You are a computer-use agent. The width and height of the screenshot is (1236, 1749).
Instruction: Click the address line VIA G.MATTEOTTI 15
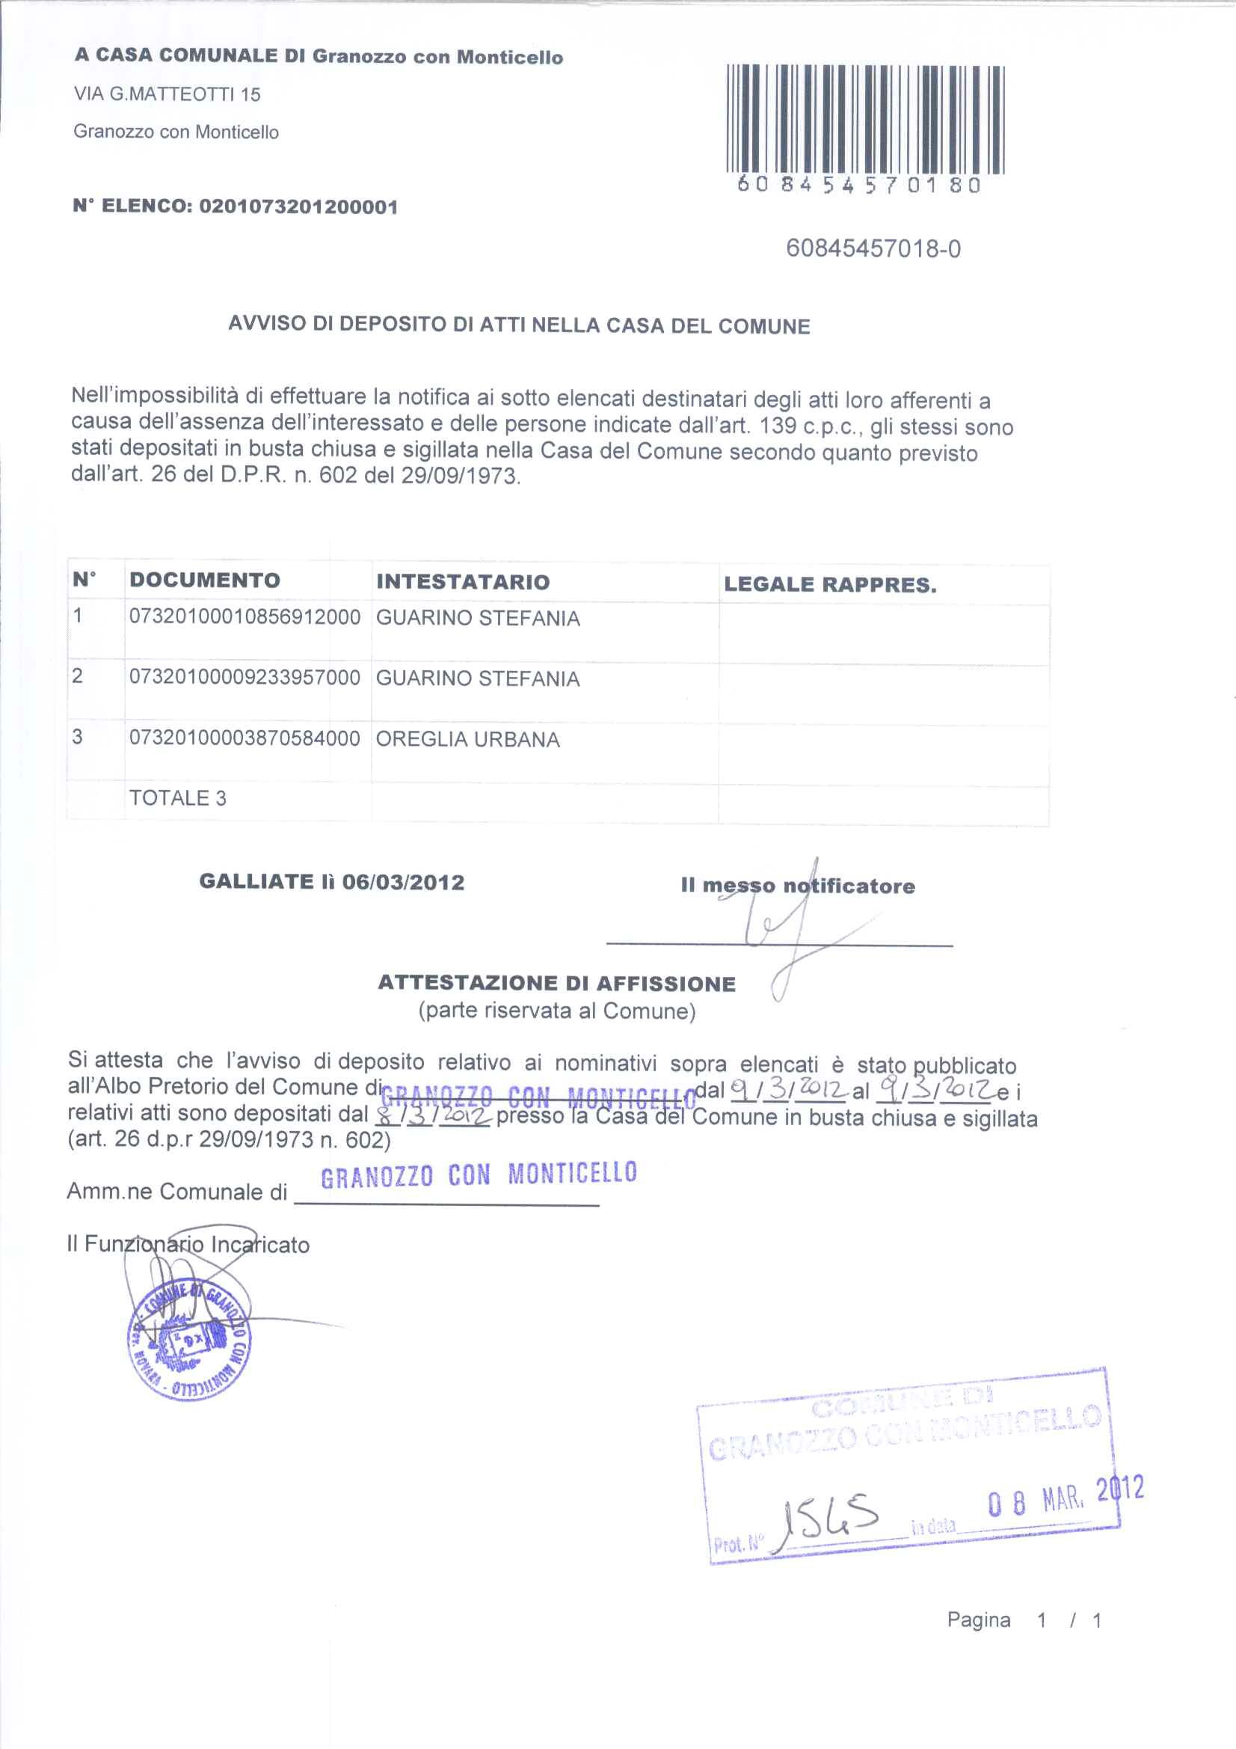tap(167, 94)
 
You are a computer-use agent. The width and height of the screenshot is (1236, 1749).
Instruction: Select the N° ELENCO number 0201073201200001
tap(298, 207)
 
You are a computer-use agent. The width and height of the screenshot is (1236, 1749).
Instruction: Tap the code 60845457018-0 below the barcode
tap(873, 249)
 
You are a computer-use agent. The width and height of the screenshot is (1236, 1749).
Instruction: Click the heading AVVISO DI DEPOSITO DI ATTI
tap(519, 325)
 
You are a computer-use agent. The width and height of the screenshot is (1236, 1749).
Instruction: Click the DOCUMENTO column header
tap(205, 581)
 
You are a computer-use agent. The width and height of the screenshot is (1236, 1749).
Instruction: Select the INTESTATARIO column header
tap(462, 582)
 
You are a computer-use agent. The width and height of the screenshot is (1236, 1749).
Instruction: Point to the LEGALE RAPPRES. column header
tap(830, 585)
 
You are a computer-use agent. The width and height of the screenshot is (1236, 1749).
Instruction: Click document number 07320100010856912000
tap(245, 617)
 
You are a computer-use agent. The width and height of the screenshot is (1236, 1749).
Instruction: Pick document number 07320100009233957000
tap(245, 678)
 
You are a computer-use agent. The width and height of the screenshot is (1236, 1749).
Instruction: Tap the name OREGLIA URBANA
tap(467, 740)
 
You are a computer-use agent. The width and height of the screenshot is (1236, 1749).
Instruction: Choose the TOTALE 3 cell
tap(177, 798)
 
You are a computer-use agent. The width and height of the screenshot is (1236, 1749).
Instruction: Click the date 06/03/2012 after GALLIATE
tap(403, 882)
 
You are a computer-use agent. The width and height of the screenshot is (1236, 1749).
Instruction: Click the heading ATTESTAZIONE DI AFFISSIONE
tap(557, 984)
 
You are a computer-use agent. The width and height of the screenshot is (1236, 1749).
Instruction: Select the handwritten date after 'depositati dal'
tap(431, 1117)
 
